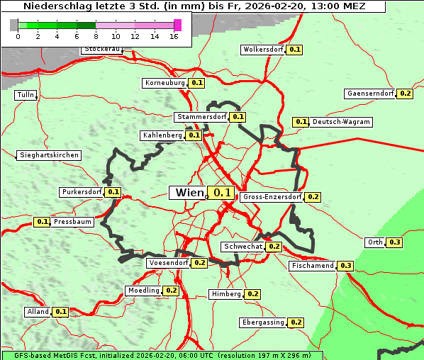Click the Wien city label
(x=189, y=193)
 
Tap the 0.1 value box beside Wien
(x=223, y=193)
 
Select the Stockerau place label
(x=102, y=50)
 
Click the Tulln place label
(x=26, y=95)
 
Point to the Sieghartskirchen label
(x=49, y=155)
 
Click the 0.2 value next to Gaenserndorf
(x=406, y=94)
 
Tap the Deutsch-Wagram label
(x=341, y=122)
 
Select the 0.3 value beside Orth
(x=395, y=242)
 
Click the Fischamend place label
(x=312, y=266)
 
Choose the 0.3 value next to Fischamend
(x=345, y=266)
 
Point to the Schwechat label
(x=243, y=247)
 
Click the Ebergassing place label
(x=263, y=322)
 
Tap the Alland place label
(x=38, y=312)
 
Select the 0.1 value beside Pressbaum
(x=43, y=222)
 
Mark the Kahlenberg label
(x=162, y=135)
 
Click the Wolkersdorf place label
(x=263, y=50)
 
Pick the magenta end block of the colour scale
(x=177, y=25)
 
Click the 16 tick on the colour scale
(x=174, y=36)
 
